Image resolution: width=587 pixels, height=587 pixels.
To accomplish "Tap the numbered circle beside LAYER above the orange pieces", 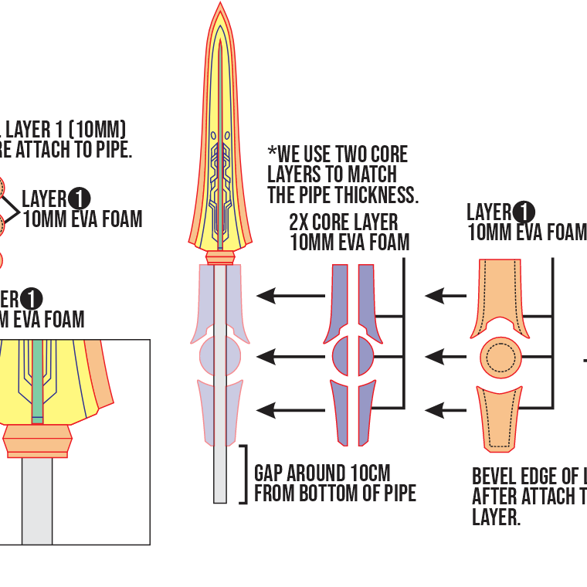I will coord(524,212).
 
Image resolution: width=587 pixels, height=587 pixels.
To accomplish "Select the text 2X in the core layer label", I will coord(298,222).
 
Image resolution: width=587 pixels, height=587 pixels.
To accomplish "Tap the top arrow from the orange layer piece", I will coord(446,295).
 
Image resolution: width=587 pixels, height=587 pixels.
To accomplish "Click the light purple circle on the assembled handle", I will coord(220,356).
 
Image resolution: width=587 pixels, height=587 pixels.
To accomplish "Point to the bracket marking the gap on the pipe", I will coord(244,473).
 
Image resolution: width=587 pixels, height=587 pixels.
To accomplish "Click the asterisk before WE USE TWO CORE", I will coord(272,151).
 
